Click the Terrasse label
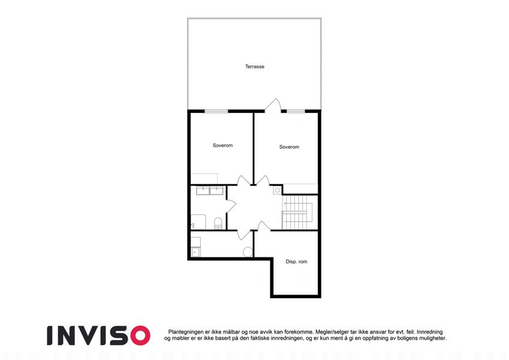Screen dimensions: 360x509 [254, 67]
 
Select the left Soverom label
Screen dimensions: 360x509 [222, 145]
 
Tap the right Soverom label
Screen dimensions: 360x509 [289, 147]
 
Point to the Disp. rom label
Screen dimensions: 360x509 [296, 261]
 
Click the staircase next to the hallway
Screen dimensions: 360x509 [298, 212]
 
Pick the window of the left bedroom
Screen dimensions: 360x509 [216, 111]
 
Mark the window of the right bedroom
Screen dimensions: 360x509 [295, 111]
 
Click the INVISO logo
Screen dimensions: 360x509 [98, 335]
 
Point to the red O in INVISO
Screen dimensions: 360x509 [139, 335]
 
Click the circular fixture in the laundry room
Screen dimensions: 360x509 [248, 252]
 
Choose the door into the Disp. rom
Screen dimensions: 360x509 [264, 226]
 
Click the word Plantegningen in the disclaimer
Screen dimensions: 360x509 [186, 332]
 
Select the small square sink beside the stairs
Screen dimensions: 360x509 [276, 190]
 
